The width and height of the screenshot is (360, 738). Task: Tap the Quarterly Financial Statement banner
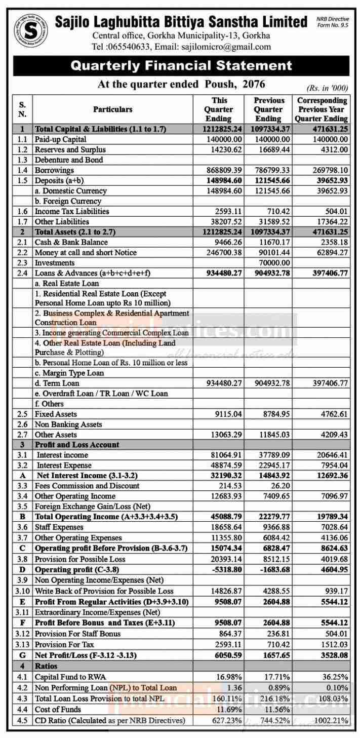click(x=181, y=66)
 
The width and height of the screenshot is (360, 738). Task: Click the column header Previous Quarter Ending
click(x=269, y=109)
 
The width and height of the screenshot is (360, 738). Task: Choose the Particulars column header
click(x=112, y=109)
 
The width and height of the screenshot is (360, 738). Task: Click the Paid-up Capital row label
click(x=60, y=139)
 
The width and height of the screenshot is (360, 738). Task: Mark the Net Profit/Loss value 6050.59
click(x=223, y=655)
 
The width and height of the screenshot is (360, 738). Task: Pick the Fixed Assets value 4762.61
click(x=332, y=414)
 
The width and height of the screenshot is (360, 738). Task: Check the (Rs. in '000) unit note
click(x=328, y=87)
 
